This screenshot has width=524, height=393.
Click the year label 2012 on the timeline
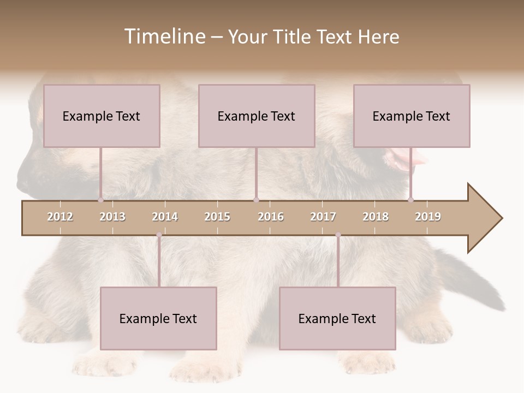click(x=60, y=217)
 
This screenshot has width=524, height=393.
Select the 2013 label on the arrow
click(x=112, y=217)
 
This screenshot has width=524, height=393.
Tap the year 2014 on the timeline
click(x=165, y=217)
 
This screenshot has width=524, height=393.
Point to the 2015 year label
click(x=217, y=217)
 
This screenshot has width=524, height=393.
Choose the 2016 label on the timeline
click(x=271, y=217)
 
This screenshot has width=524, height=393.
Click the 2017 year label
click(x=323, y=217)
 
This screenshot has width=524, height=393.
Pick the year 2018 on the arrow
click(x=376, y=217)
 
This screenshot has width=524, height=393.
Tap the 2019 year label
click(x=428, y=217)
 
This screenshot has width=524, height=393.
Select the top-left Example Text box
click(x=102, y=116)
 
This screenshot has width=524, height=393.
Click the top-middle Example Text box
click(x=257, y=116)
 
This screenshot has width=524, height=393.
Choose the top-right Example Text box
click(x=412, y=116)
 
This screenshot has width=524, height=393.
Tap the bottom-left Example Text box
click(x=158, y=318)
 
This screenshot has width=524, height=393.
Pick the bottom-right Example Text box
click(x=337, y=318)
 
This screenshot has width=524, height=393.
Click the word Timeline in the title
click(x=164, y=37)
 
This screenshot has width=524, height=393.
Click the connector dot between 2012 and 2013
click(x=100, y=200)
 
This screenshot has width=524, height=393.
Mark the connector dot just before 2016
click(x=256, y=200)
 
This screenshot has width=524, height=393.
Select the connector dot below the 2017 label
click(x=338, y=235)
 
